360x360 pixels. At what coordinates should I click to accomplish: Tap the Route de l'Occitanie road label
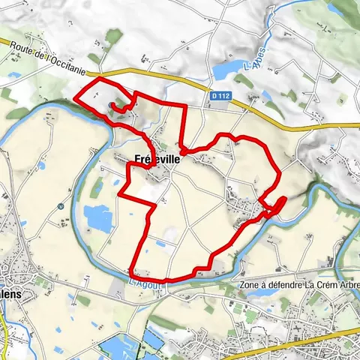tap(52, 58)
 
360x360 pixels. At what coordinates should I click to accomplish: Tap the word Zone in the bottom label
tap(249, 286)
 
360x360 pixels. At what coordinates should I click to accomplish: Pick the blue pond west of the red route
tap(97, 217)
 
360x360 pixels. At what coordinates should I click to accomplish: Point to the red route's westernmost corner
tap(76, 97)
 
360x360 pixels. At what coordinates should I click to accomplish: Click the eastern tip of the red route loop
tap(285, 198)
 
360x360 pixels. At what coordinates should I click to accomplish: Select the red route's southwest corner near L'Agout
tap(131, 271)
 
